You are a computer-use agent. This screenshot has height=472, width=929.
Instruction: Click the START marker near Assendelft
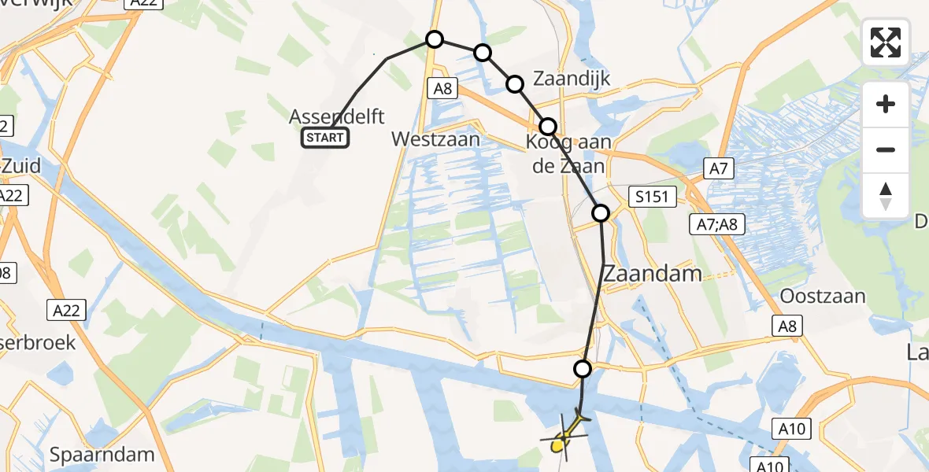pyautogui.click(x=325, y=138)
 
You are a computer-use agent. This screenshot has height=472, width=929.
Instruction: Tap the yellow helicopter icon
pyautogui.click(x=564, y=437)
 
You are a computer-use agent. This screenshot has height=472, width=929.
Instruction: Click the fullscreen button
pyautogui.click(x=886, y=42)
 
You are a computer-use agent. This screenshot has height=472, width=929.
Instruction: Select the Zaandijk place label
pyautogui.click(x=572, y=79)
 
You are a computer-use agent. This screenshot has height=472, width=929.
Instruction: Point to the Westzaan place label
pyautogui.click(x=435, y=139)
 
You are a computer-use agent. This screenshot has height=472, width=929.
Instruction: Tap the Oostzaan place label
pyautogui.click(x=823, y=297)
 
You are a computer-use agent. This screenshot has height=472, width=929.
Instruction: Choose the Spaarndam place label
pyautogui.click(x=102, y=455)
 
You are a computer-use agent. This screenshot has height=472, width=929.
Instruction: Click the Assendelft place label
pyautogui.click(x=337, y=117)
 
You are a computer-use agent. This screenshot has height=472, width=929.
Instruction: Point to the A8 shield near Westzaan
pyautogui.click(x=442, y=89)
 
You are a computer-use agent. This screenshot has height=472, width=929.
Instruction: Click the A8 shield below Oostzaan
pyautogui.click(x=786, y=326)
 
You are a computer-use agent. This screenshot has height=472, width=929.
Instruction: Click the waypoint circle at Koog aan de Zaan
pyautogui.click(x=548, y=126)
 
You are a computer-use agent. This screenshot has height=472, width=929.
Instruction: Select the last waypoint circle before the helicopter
pyautogui.click(x=583, y=368)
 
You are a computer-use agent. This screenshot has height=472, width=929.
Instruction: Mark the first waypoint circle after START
pyautogui.click(x=435, y=39)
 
